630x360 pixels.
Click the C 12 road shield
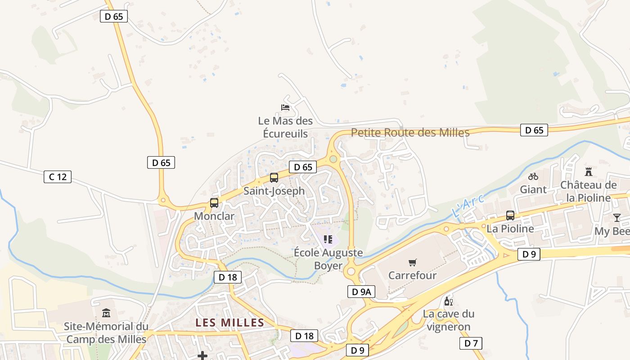[58, 177]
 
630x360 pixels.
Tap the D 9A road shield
[361, 292]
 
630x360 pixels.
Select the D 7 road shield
[471, 343]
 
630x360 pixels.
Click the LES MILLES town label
[230, 323]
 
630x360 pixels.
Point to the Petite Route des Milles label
[410, 132]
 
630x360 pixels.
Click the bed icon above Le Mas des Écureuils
[285, 107]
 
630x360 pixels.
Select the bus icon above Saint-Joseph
[274, 178]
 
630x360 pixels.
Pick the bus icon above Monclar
[214, 203]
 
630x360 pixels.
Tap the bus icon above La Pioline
[510, 215]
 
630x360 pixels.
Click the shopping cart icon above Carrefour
[412, 262]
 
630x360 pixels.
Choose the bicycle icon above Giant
[533, 176]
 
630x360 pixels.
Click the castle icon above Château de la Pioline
[588, 171]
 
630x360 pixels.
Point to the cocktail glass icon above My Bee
[616, 218]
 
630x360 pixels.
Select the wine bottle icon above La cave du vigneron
[448, 301]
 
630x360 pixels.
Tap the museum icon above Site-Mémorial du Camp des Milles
[106, 313]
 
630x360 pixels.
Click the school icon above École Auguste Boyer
[328, 239]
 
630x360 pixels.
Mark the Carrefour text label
[412, 275]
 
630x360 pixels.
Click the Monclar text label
[214, 216]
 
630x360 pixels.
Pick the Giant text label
[533, 189]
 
